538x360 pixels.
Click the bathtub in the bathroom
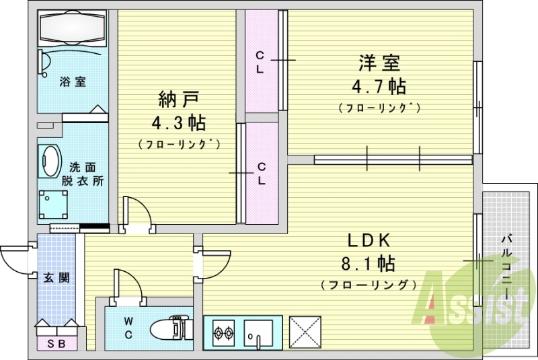pos(72,29)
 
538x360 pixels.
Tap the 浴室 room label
pos(72,82)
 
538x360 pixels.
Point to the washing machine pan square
pos(54,201)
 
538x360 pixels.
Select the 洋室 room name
pos(379,64)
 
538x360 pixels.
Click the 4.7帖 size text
pos(379,86)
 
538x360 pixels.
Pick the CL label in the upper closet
pos(259,63)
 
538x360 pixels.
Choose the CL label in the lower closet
pos(260,174)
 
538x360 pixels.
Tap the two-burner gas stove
pos(223,332)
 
